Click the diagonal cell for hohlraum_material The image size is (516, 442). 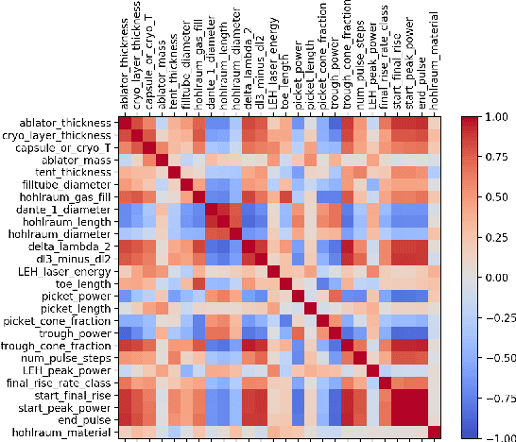434,432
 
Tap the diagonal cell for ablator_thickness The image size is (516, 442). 124,123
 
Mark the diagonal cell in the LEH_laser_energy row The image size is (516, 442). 272,271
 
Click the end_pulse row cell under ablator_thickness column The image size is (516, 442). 124,419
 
